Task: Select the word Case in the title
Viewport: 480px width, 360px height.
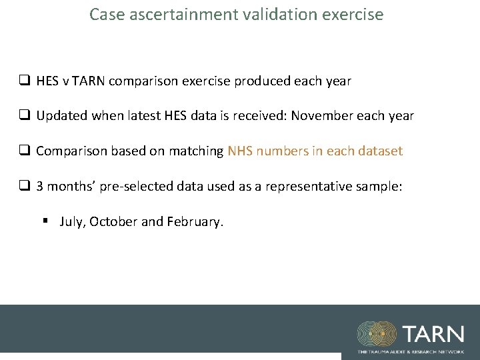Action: click(x=105, y=14)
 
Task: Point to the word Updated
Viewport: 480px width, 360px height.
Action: click(x=61, y=116)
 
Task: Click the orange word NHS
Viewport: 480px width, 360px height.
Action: click(x=241, y=151)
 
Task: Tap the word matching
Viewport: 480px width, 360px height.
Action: click(x=196, y=151)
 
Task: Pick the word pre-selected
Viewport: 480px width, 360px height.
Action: click(x=138, y=187)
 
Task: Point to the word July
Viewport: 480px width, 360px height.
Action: click(x=71, y=222)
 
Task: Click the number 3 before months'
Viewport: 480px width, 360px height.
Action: click(x=40, y=187)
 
